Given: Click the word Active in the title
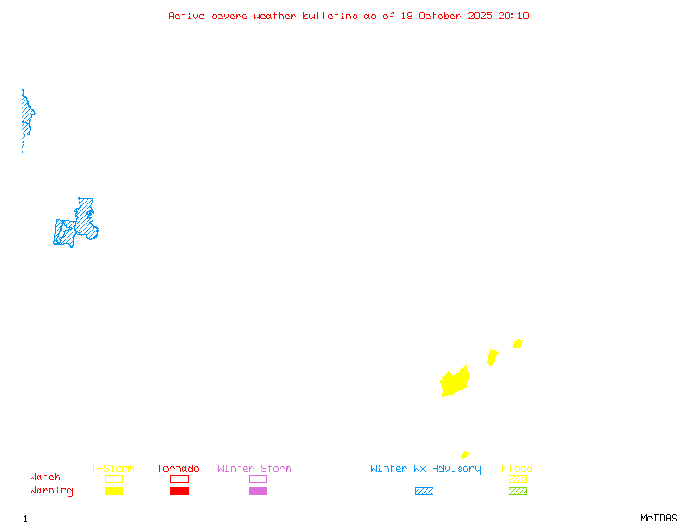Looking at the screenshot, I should [186, 16].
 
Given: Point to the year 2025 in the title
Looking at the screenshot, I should [481, 16].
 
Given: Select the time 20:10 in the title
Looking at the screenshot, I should [514, 16].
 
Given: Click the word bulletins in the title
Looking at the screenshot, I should [330, 16].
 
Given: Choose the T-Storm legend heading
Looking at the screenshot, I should [113, 469].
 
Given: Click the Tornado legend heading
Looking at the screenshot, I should [178, 469].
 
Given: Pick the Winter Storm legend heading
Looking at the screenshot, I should [254, 469].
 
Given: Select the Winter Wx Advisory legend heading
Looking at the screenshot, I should [426, 469].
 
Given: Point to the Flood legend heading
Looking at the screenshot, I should [517, 469].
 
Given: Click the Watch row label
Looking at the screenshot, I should [45, 478].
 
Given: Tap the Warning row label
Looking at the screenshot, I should [52, 491].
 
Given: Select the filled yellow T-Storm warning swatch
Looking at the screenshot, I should [114, 492].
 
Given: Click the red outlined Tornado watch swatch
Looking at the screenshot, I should [179, 479].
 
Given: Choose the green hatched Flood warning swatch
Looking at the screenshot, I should [517, 492].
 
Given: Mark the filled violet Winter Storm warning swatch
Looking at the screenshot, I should [258, 492].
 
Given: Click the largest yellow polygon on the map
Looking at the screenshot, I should [455, 382].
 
